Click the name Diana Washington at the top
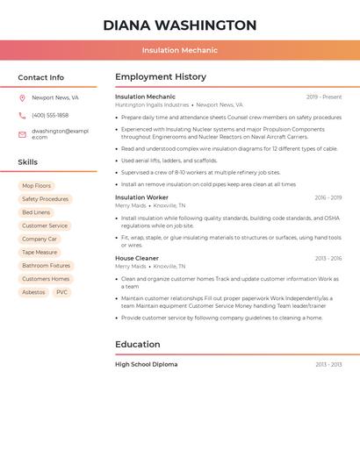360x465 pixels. pos(180,25)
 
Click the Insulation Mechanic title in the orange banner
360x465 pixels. pos(180,50)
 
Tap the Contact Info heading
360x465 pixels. pos(41,77)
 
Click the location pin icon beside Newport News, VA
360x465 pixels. pos(22,98)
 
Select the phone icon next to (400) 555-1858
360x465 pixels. pos(22,116)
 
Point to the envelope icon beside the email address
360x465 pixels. pos(22,134)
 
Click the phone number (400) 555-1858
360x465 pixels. pos(50,116)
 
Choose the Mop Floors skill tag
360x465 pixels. pos(37,186)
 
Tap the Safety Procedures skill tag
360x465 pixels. pos(45,199)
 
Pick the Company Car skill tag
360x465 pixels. pos(40,239)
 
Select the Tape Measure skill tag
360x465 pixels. pos(40,252)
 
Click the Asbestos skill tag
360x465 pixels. pos(33,292)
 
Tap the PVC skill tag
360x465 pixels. pos(61,292)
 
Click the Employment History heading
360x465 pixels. pos(161,77)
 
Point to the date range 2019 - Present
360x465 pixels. pos(324,97)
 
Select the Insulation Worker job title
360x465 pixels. pos(141,198)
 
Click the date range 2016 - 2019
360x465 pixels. pos(328,198)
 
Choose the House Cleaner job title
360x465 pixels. pos(137,259)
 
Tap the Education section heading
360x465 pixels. pos(138,344)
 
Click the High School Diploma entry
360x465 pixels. pos(146,364)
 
